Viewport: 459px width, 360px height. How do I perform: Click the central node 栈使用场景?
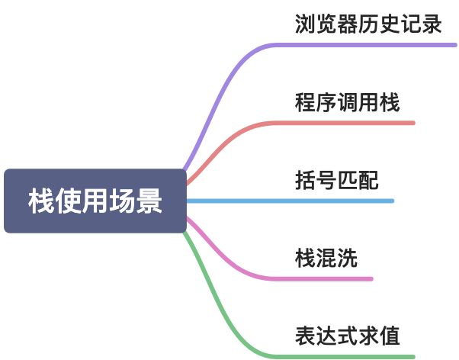point(95,201)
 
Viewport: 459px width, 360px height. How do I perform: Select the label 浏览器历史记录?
point(368,24)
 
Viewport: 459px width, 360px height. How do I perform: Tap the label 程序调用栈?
point(347,103)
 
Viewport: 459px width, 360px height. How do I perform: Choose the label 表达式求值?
point(347,336)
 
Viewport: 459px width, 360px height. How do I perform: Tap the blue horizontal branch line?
point(290,201)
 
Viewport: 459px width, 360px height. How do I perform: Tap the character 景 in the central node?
point(149,201)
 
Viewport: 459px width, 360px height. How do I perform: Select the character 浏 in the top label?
point(305,24)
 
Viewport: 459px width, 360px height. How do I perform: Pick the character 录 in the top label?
point(432,24)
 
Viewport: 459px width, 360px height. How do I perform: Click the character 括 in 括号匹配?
point(305,182)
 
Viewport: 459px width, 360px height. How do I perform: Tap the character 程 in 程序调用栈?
point(305,103)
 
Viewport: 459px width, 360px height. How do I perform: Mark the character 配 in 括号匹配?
point(368,182)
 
